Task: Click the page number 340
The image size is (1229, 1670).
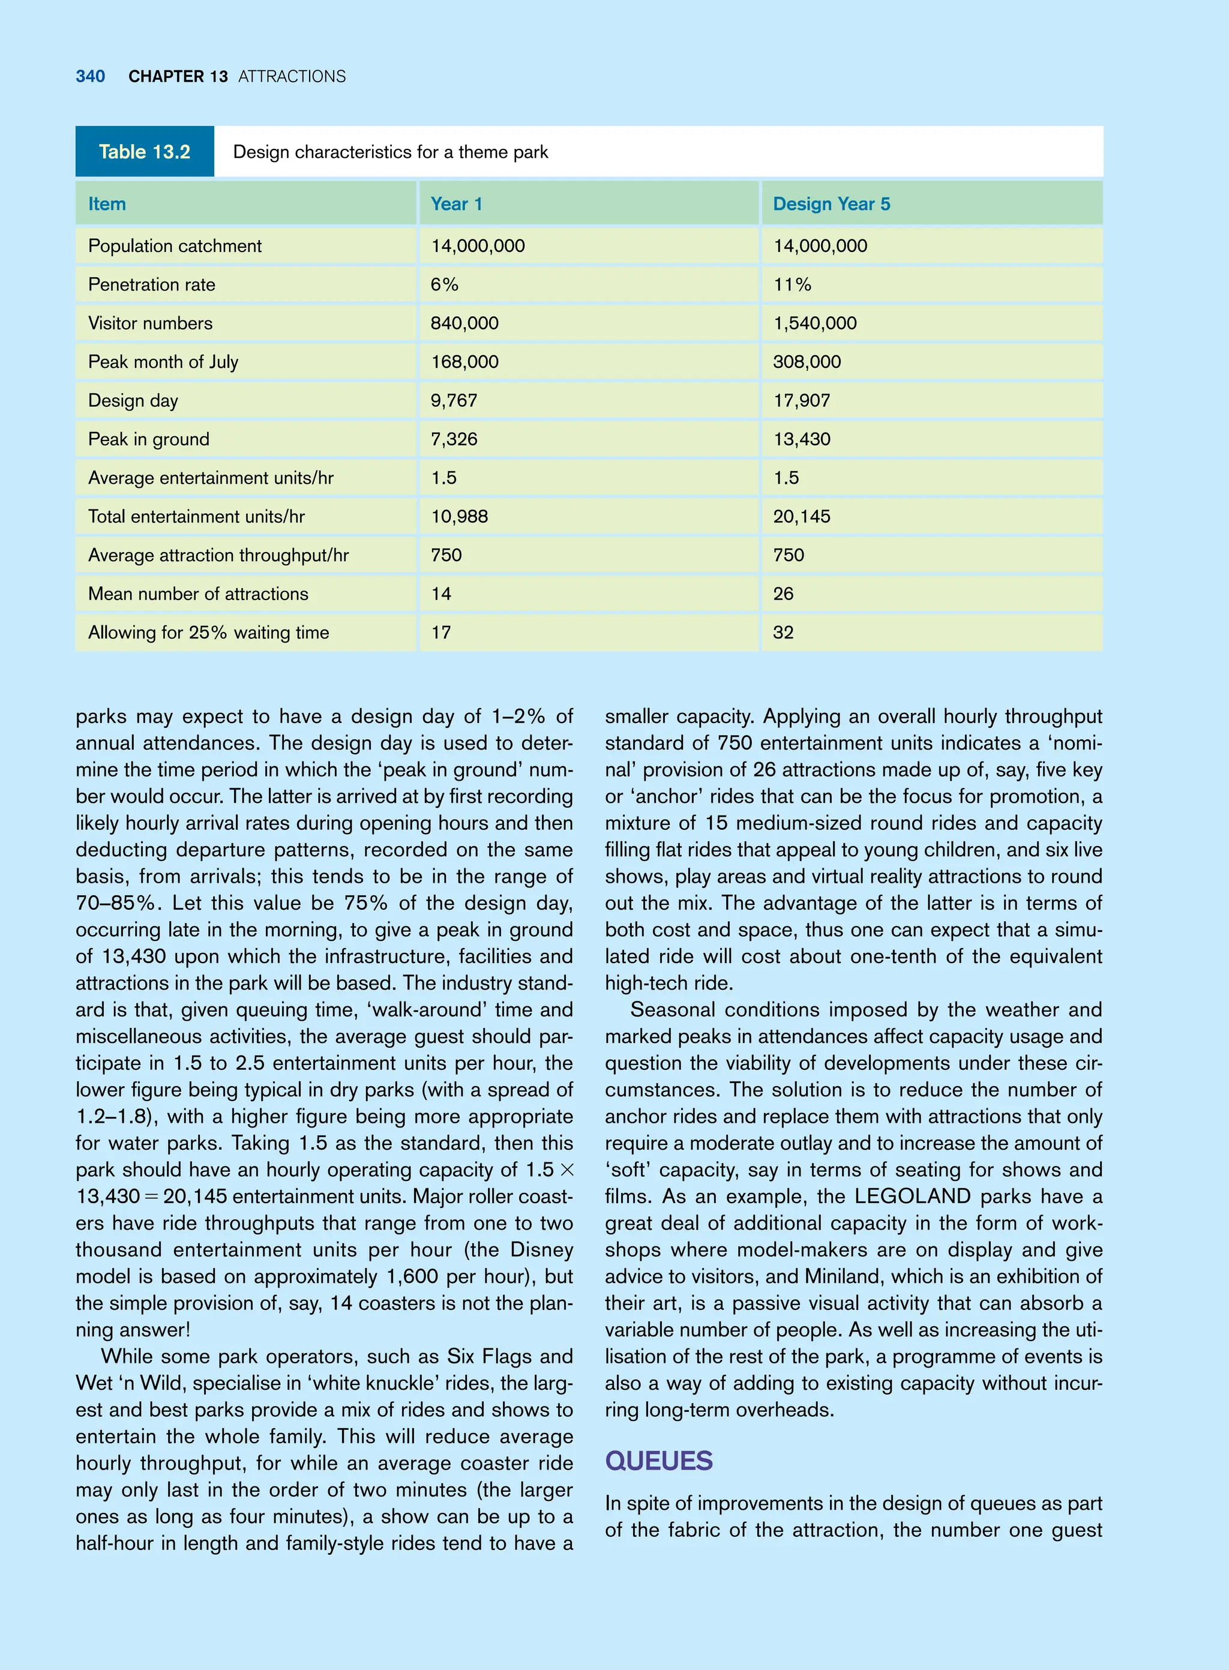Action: [90, 77]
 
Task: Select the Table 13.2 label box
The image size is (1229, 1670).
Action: [145, 152]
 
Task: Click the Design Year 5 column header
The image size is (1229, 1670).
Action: [831, 204]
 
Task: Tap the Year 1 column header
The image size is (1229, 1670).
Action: [456, 204]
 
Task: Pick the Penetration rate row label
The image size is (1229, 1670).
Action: [151, 284]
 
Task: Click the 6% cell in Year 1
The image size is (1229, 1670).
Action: [444, 284]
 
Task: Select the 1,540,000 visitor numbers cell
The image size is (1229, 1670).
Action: [814, 323]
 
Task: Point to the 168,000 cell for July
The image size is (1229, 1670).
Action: [464, 361]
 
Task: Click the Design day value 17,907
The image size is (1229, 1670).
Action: [801, 400]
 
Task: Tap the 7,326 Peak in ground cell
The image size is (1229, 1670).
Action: [454, 439]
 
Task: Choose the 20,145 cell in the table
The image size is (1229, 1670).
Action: [801, 516]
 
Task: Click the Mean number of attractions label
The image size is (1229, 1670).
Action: [198, 593]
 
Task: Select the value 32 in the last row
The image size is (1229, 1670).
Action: [783, 632]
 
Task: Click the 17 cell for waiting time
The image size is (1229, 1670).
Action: [440, 632]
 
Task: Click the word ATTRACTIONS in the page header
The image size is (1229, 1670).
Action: [292, 77]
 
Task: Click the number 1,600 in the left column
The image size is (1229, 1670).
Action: [412, 1276]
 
